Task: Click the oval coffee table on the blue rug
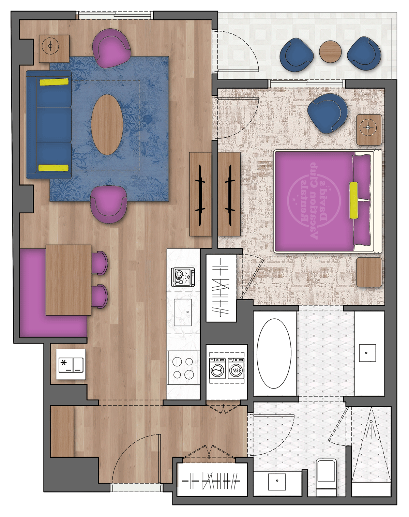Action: pos(107,125)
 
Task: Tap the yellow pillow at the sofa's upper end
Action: pos(54,82)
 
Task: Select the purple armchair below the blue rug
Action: pos(109,204)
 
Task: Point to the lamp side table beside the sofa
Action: pos(54,48)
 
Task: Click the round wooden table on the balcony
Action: pos(330,51)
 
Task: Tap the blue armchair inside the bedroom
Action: pos(327,113)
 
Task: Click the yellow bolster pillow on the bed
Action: pos(354,200)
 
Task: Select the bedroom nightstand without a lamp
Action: pos(369,272)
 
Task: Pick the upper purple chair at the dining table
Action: pos(99,263)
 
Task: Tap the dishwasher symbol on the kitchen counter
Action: pos(183,277)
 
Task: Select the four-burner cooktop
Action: pos(183,368)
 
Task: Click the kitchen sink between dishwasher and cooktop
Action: pos(183,312)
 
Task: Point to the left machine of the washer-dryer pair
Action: pos(217,368)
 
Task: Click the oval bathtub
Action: pos(274,353)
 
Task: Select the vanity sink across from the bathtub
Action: pos(367,353)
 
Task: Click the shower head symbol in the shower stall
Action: pos(371,423)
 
